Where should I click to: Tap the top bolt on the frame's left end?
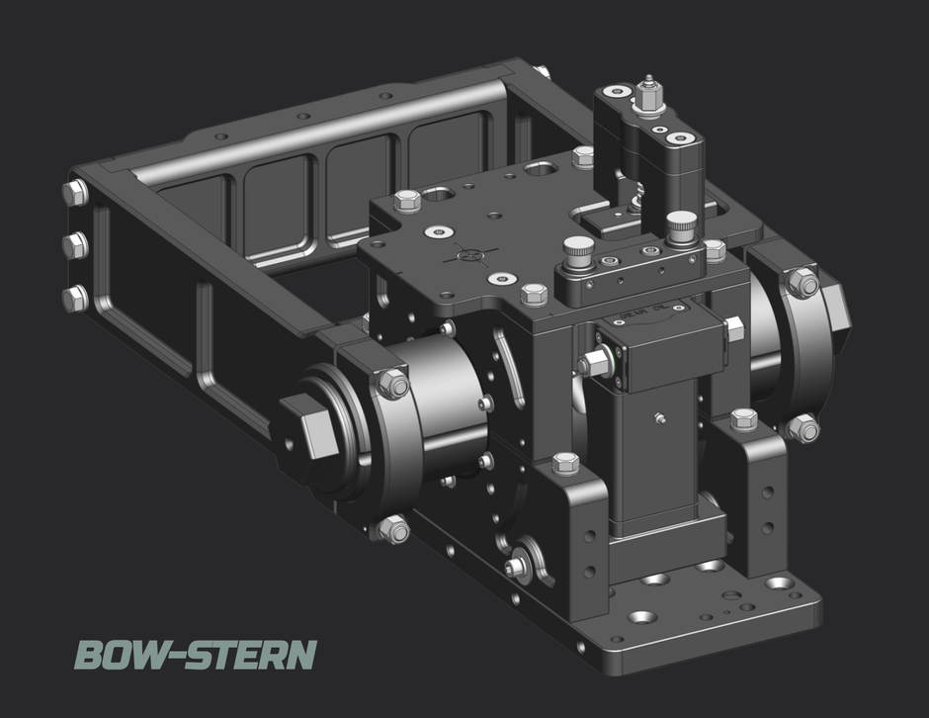[x=75, y=192]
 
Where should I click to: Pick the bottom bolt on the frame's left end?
[x=75, y=298]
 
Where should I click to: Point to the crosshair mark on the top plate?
[x=470, y=255]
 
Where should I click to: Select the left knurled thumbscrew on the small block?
[x=578, y=246]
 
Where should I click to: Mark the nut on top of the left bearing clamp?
[x=393, y=383]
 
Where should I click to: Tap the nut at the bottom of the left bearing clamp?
[x=393, y=530]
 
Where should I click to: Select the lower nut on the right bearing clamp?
[x=803, y=429]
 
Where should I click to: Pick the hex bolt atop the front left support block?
[x=566, y=463]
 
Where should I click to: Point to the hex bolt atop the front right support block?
[x=743, y=418]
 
